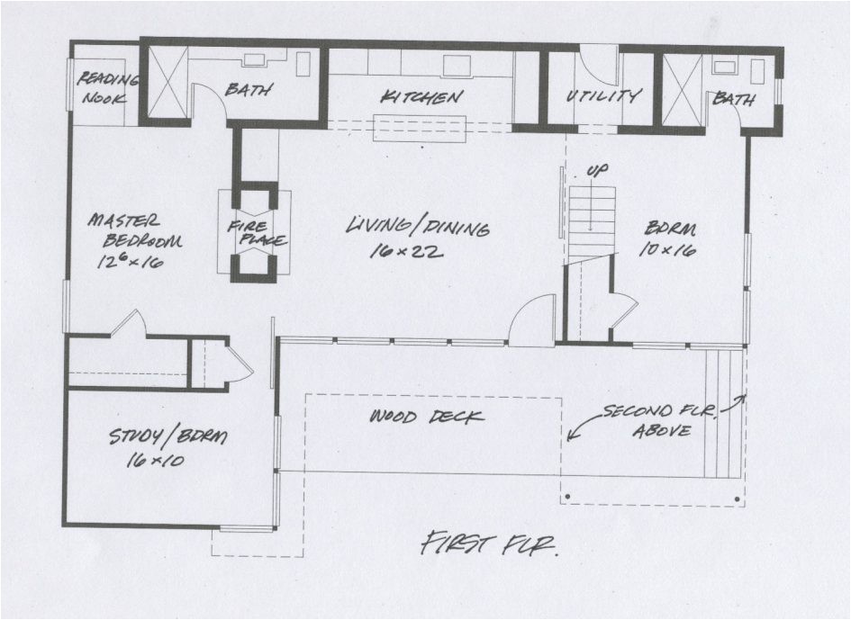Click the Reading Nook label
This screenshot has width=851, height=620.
tap(106, 87)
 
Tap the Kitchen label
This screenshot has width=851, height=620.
tap(421, 96)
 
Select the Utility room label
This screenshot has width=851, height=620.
tap(603, 95)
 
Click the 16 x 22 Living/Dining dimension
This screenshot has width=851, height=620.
tap(406, 253)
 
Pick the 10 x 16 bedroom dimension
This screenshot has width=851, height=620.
tap(667, 251)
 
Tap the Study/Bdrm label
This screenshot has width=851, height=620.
tap(168, 437)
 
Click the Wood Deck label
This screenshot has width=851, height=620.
tap(427, 417)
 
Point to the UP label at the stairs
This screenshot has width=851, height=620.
tap(595, 170)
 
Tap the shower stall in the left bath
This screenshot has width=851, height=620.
tap(167, 83)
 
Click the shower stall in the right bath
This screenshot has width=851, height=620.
tap(682, 90)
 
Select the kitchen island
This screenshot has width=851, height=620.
tap(420, 127)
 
